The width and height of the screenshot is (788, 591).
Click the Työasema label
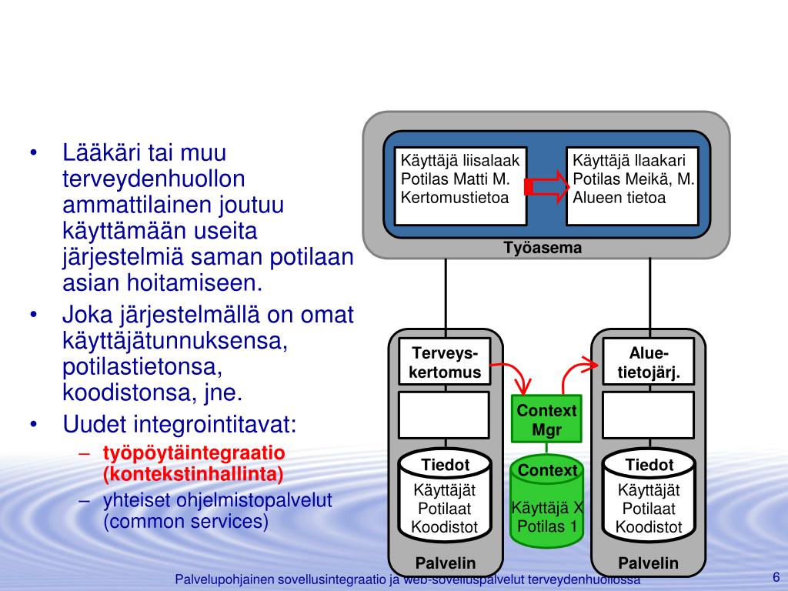[543, 248]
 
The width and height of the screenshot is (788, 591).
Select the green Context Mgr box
[546, 420]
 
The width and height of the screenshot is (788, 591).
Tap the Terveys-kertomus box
[445, 363]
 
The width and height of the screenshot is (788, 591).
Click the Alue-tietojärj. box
[649, 363]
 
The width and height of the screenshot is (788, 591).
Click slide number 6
[775, 578]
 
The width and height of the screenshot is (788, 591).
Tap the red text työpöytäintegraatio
[195, 452]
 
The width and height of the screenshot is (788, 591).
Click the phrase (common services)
[186, 522]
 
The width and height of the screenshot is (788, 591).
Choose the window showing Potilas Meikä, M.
[633, 185]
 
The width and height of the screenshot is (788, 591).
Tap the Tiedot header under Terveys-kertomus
[445, 464]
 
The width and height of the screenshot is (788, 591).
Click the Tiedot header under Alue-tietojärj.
[649, 464]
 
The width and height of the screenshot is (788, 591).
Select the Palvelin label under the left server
[445, 563]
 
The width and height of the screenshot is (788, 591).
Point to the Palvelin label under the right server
[649, 563]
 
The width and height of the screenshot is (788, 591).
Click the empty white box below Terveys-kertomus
[445, 414]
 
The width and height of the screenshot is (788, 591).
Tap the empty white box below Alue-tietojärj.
[649, 414]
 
